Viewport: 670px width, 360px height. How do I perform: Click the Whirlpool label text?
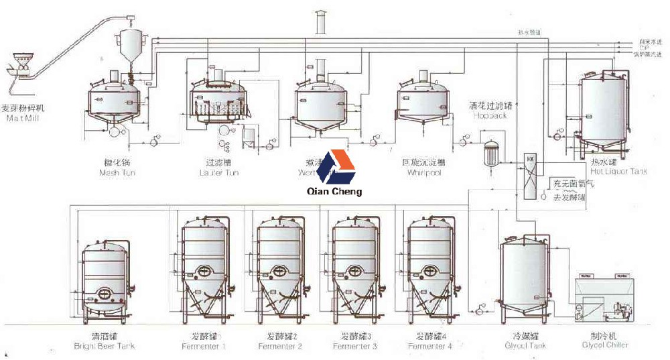[424, 172]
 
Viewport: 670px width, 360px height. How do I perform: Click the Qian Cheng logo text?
[333, 191]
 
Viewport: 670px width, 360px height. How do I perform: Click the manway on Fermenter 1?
[202, 271]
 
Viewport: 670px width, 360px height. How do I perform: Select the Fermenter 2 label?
[280, 346]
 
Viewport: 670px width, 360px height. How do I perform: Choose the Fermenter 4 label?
[430, 346]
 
